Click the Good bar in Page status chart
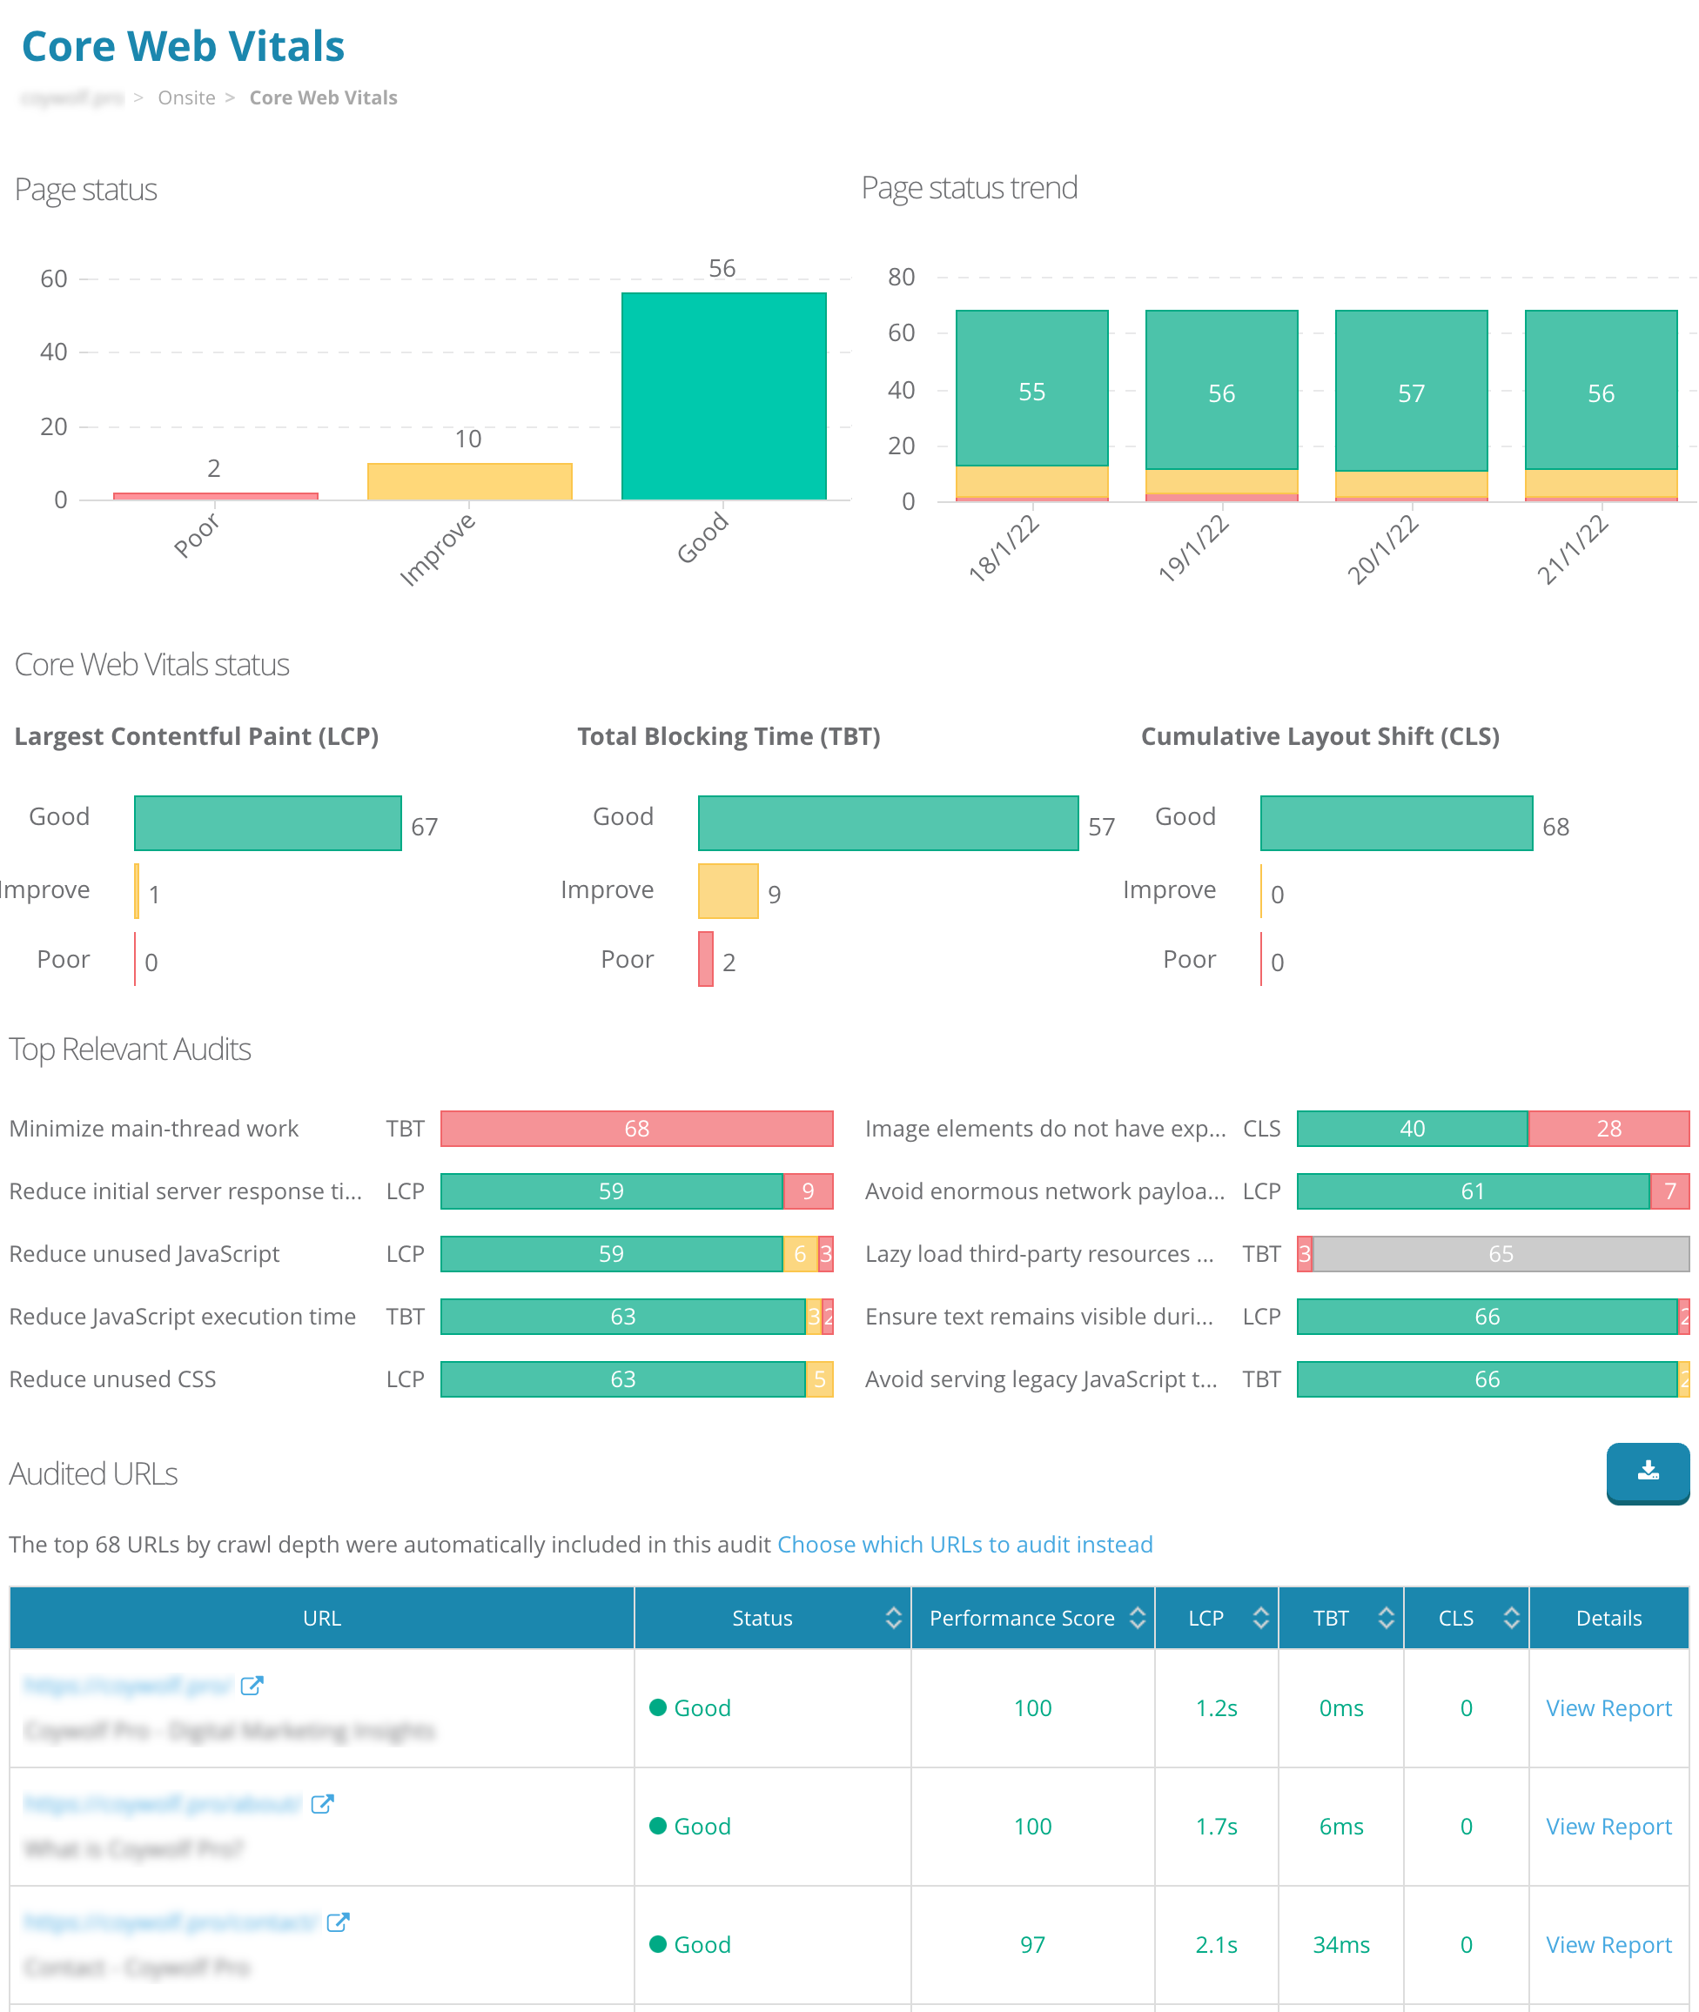point(723,396)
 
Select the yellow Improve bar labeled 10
point(469,480)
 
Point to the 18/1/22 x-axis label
point(1004,548)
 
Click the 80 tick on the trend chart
point(901,278)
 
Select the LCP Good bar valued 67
point(268,822)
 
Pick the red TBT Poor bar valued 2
point(706,959)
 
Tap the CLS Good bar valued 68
point(1395,822)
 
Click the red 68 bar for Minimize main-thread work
point(636,1129)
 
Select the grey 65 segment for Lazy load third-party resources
point(1500,1254)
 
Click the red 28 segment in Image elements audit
point(1608,1129)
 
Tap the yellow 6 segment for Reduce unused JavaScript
point(799,1254)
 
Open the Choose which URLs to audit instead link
point(964,1545)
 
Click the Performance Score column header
point(1022,1618)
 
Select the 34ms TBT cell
point(1340,1945)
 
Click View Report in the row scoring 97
point(1608,1945)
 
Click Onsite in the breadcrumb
point(187,97)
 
